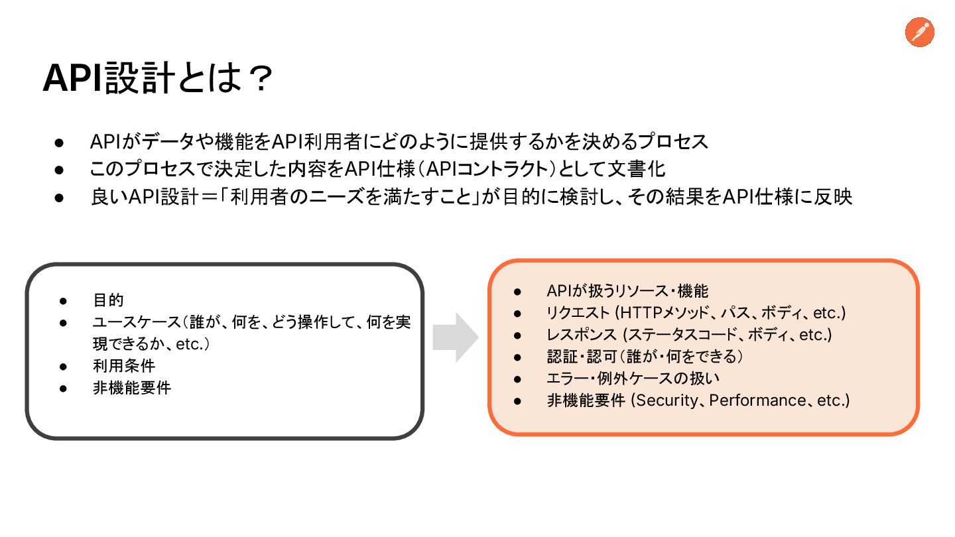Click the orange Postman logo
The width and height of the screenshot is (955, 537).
tap(919, 32)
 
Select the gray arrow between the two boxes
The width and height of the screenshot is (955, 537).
tap(456, 337)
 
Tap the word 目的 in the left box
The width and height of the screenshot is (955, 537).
tap(108, 300)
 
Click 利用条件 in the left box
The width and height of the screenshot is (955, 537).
tap(124, 365)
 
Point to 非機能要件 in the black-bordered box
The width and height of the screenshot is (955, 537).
tap(132, 387)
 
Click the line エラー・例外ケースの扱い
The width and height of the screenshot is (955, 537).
tap(633, 379)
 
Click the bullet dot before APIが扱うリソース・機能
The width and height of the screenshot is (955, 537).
tap(519, 291)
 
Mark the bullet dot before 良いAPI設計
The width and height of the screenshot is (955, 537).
tap(58, 198)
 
